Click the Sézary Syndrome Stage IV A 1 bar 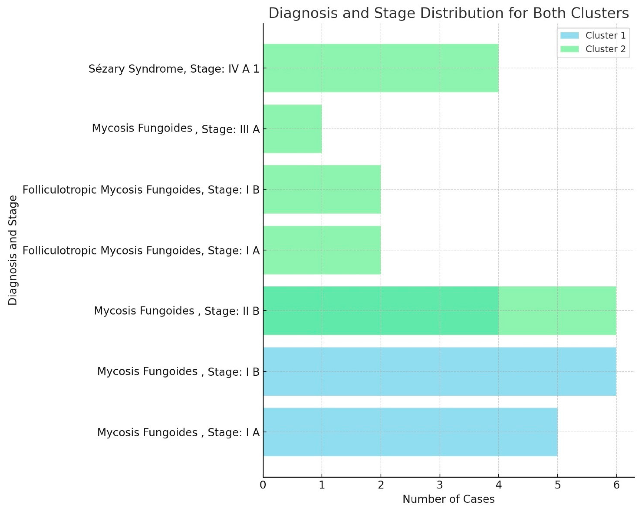tap(380, 68)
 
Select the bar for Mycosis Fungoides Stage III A tap(292, 129)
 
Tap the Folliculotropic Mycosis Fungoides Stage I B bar tap(322, 189)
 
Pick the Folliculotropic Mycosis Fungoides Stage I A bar tap(322, 250)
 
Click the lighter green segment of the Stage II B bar tap(557, 311)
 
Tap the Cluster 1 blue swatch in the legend tap(569, 35)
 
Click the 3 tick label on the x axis tap(440, 485)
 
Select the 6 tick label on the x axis tap(616, 485)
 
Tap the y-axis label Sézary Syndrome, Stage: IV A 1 tap(174, 69)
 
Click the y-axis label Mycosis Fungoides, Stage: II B tap(177, 311)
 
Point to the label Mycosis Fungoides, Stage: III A tap(176, 129)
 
